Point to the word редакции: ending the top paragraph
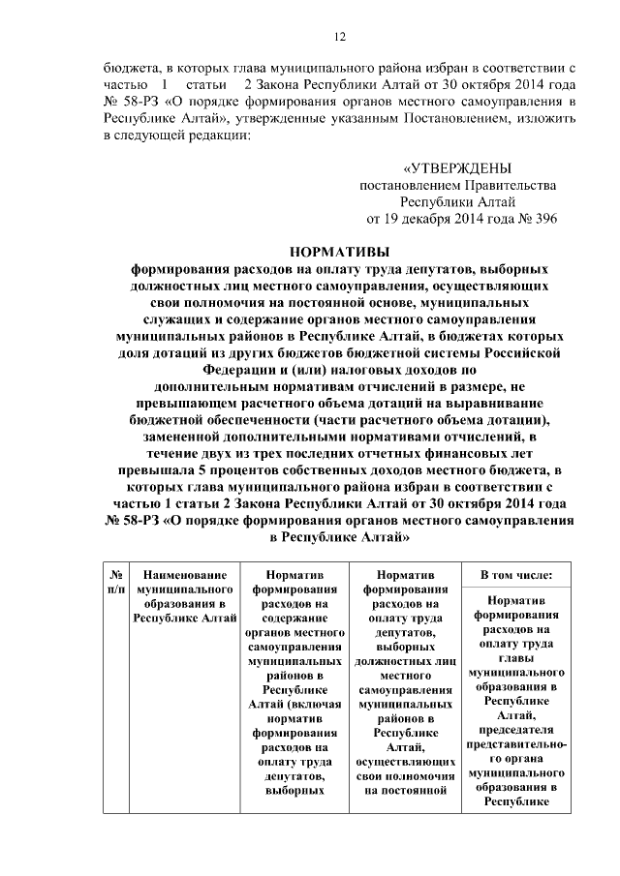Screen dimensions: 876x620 pos(218,136)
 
